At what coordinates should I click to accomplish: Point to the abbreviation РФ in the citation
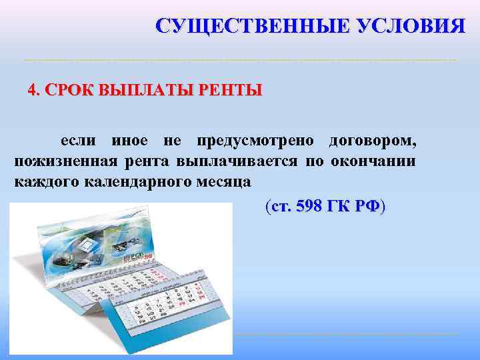[369, 207]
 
